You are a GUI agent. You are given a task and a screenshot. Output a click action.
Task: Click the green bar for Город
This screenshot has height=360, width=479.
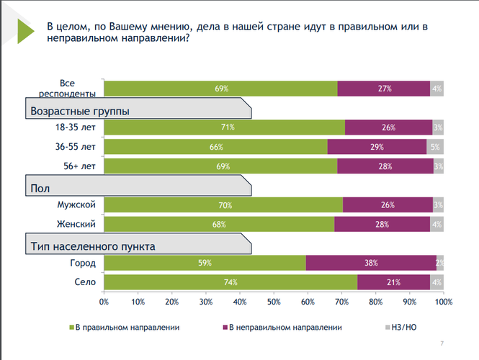pos(205,263)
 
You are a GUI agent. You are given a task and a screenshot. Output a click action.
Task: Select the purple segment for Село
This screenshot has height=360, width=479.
pos(393,282)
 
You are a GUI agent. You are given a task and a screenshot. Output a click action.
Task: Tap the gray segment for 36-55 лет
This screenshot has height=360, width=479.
pos(434,146)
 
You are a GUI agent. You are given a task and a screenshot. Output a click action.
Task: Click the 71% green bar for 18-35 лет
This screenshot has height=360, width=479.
pos(225,127)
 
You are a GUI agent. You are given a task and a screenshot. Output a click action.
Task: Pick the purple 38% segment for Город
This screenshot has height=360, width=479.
pos(371,263)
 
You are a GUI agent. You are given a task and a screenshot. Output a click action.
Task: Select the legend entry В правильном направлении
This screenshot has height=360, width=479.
pos(127,327)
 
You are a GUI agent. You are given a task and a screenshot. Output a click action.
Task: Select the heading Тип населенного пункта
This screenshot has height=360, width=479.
pos(93,246)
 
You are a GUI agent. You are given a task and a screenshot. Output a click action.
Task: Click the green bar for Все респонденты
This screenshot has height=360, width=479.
pos(220,89)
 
